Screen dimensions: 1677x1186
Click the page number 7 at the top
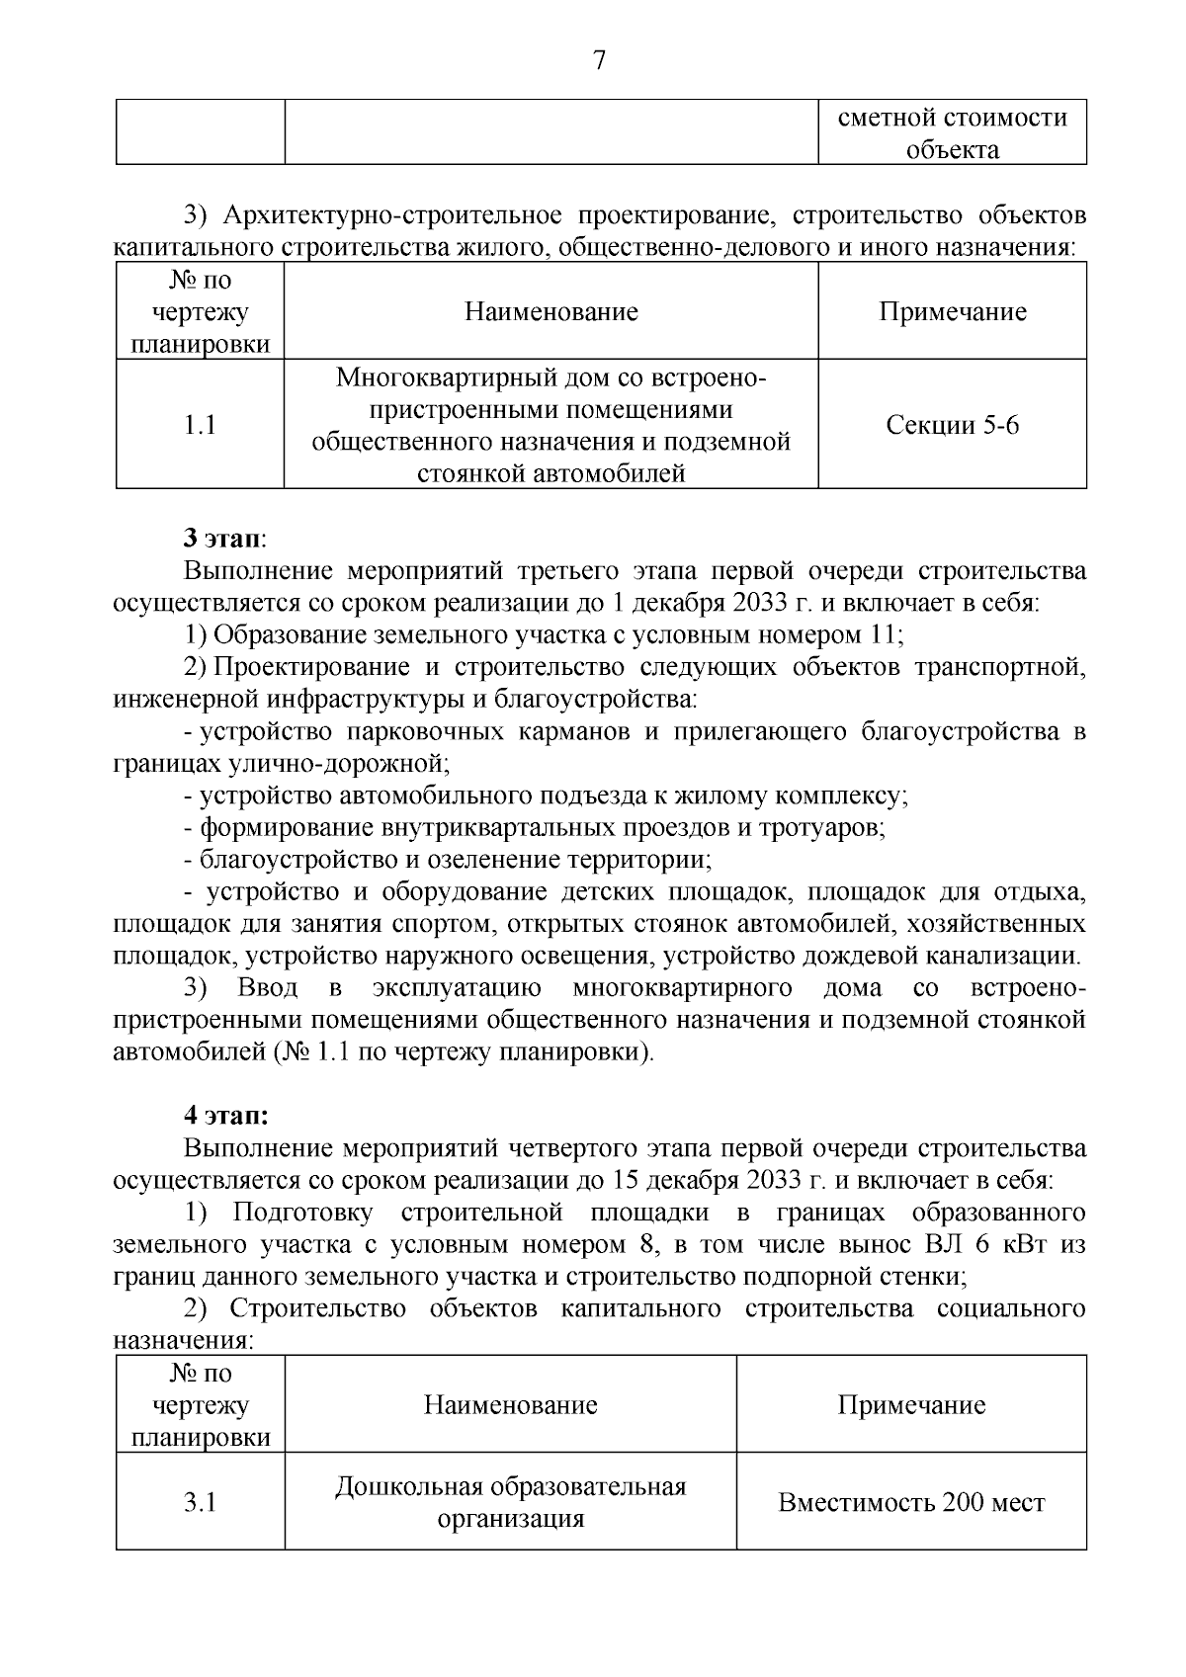coord(598,61)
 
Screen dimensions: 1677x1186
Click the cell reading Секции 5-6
coord(952,425)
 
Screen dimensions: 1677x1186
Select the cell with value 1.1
coord(200,425)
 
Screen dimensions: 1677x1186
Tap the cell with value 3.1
coord(200,1502)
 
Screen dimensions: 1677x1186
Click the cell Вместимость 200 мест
coord(911,1502)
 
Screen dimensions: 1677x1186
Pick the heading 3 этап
coord(224,539)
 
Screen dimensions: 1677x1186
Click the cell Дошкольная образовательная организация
coord(510,1502)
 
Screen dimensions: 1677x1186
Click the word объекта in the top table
coord(953,150)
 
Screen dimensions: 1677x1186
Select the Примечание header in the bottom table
coord(911,1405)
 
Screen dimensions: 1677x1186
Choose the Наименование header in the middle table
coord(551,312)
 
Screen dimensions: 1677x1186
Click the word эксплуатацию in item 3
coord(457,988)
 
